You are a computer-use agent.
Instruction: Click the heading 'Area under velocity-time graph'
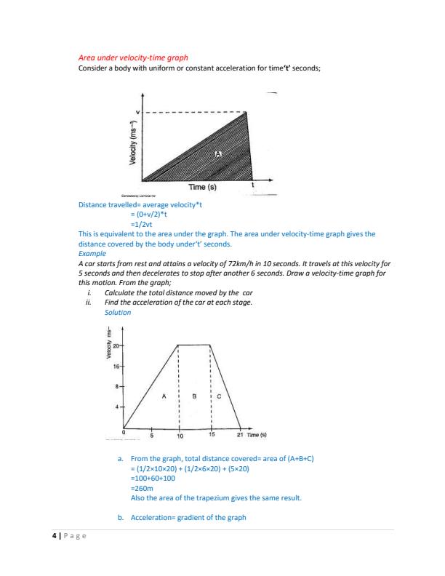[132, 57]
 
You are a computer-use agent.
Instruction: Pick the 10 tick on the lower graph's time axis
[180, 436]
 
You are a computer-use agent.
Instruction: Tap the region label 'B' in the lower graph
[194, 396]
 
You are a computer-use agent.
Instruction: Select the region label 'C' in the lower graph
[220, 397]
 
